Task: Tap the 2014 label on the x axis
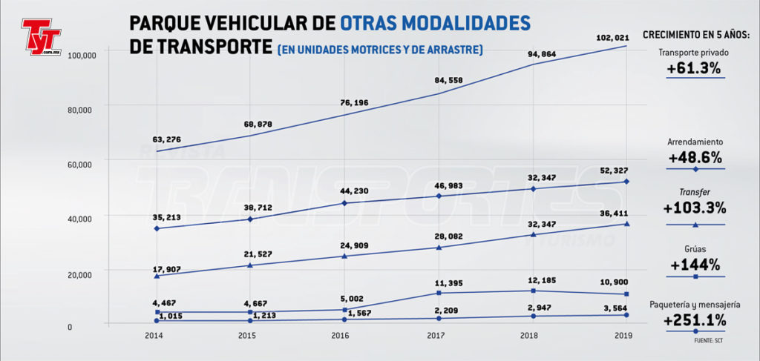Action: point(155,336)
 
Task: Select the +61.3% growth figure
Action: point(695,69)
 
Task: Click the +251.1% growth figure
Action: point(695,320)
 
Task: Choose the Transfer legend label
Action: point(695,191)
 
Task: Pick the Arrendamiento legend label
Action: point(695,142)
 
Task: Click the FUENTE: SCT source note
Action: point(710,342)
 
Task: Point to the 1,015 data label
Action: point(170,315)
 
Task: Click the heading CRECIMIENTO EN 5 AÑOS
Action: point(695,35)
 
